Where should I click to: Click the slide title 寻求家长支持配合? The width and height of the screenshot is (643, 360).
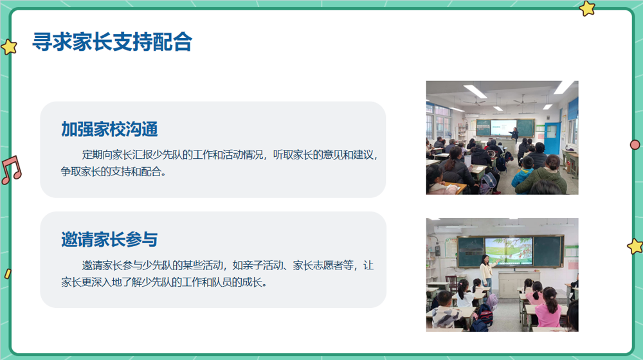coord(113,42)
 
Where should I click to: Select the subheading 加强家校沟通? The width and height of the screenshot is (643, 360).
coord(109,129)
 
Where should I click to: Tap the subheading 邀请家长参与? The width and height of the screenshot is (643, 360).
coord(109,240)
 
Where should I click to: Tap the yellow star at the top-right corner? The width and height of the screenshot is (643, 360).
coord(587,8)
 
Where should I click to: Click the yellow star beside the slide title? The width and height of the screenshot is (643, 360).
coord(9,47)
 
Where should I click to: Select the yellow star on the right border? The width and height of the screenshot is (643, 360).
coord(635,246)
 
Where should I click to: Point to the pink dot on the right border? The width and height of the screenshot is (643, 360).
coord(635,145)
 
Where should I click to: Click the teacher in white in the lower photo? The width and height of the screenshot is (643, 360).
coord(487,270)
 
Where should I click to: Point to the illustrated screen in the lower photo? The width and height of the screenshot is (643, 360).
coord(507,251)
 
